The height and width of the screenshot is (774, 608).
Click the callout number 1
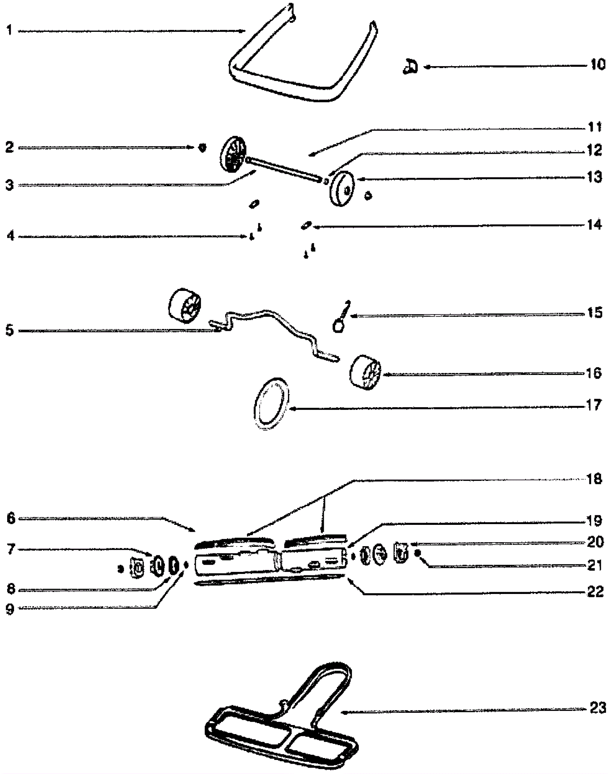[x=9, y=30]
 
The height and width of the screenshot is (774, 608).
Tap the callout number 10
[x=597, y=65]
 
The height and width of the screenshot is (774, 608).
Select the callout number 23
[x=597, y=708]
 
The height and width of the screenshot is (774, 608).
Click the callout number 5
[x=9, y=330]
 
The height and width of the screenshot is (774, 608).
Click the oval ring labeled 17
[x=271, y=404]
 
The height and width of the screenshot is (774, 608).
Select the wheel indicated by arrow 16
[x=365, y=373]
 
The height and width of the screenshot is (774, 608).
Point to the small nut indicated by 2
[x=203, y=147]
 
